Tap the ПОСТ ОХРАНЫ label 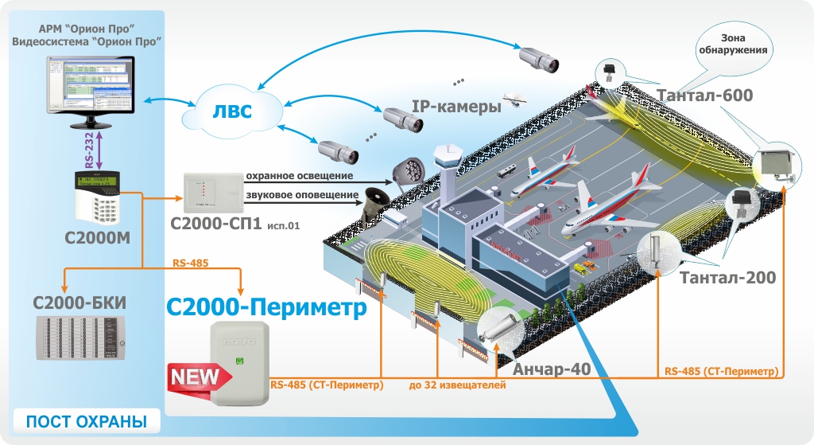click(87, 421)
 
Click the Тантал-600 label click(705, 96)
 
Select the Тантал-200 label click(727, 278)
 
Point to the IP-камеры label click(455, 105)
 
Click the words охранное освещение click(299, 175)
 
